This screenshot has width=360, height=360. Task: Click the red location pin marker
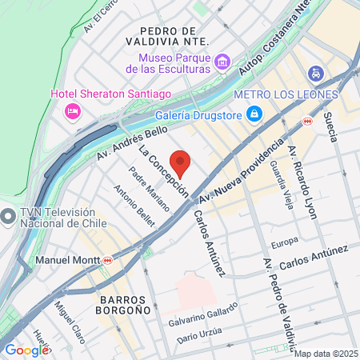coord(180,162)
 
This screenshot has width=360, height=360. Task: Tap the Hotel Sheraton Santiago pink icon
coord(73,110)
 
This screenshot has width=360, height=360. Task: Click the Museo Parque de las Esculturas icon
coord(222,61)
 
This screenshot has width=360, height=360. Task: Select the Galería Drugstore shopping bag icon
coord(254,114)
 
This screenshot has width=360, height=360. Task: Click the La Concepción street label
coord(163,171)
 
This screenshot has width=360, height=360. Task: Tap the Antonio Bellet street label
coord(133,206)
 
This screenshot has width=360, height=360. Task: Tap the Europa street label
coord(284,241)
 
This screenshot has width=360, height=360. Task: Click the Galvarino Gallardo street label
coord(203,316)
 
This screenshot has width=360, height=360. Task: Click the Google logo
coord(26,350)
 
